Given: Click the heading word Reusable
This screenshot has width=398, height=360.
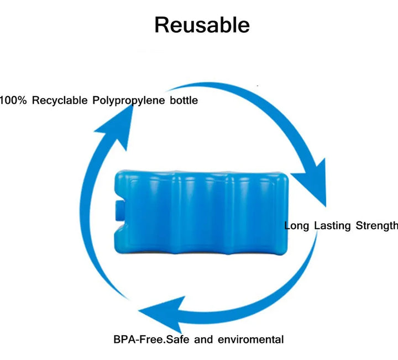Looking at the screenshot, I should [202, 25].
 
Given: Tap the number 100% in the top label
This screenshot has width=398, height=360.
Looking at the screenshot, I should [13, 100].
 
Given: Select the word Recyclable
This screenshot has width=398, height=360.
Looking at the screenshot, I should [60, 100].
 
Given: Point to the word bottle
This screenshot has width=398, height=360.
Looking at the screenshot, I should [184, 100].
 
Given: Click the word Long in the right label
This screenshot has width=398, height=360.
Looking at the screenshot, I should [297, 225].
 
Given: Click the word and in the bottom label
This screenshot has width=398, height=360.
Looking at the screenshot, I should [203, 339].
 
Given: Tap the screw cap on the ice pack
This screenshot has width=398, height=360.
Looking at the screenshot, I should [118, 210].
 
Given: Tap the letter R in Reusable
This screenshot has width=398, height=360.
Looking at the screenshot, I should [161, 25].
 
